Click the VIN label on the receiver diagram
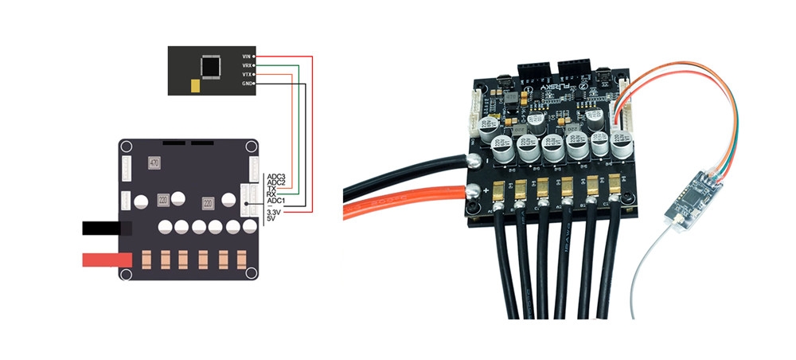(x=246, y=57)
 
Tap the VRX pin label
(x=246, y=65)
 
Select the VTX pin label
(x=246, y=74)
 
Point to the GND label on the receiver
(x=246, y=83)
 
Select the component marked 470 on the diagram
(x=154, y=163)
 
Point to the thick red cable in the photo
(x=398, y=209)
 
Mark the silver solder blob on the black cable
(x=476, y=159)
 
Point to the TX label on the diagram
(x=272, y=189)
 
